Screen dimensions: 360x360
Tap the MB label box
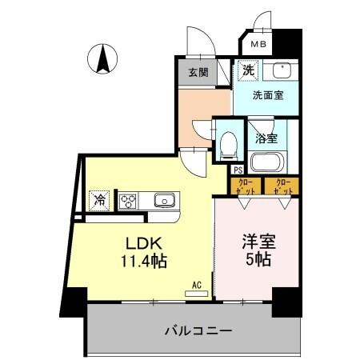(x=257, y=46)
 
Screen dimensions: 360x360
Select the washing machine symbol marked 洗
(x=247, y=71)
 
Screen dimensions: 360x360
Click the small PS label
(x=238, y=169)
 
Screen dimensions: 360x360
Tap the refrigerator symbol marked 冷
(x=99, y=199)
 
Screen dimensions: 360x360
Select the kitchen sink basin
(x=164, y=200)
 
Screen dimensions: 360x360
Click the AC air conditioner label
(x=196, y=284)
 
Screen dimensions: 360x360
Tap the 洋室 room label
(x=258, y=242)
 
